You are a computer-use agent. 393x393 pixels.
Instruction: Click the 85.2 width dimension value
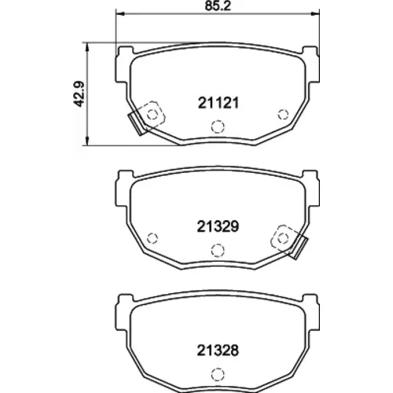[x=218, y=6]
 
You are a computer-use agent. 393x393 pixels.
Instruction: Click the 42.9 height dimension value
[x=79, y=94]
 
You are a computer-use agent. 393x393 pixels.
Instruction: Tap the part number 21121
[x=219, y=103]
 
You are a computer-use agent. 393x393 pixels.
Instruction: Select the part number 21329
[x=218, y=226]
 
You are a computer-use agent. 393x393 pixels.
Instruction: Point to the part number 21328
[x=218, y=351]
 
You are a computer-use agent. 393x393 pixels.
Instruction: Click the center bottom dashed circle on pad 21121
[x=218, y=127]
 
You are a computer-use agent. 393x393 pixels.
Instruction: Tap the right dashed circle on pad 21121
[x=283, y=115]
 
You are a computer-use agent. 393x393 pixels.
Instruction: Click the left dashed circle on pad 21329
[x=152, y=238]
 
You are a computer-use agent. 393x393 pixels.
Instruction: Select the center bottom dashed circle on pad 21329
[x=218, y=250]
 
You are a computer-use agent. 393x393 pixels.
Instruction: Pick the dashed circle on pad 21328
[x=218, y=374]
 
